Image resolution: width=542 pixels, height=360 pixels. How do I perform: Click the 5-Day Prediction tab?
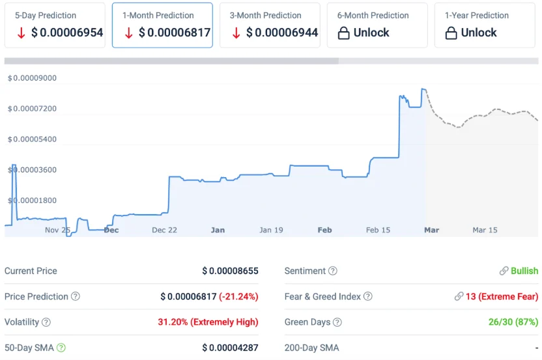pos(54,25)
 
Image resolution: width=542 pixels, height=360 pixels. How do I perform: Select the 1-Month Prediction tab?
pos(162,25)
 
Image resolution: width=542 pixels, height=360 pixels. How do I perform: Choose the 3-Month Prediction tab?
pos(270,25)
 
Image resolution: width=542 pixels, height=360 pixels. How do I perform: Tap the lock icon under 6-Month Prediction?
pos(344,33)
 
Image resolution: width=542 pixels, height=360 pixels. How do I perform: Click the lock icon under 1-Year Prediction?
pos(451,33)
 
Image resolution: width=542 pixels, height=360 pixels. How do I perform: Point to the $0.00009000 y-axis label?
pos(32,78)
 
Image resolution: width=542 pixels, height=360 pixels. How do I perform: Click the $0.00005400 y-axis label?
pos(32,139)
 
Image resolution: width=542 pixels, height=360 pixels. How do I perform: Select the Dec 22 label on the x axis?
pos(164,230)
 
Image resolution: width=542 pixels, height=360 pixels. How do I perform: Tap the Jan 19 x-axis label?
pos(271,230)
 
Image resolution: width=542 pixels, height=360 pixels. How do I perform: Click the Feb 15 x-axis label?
pos(378,230)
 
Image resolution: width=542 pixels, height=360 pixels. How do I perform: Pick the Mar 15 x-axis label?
pos(485,230)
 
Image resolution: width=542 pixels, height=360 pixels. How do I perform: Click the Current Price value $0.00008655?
pos(230,271)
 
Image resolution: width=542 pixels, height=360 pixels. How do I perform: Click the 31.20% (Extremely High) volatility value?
pos(208,322)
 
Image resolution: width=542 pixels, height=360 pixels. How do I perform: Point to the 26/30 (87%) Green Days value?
pos(513,322)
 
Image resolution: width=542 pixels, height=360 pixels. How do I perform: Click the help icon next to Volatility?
pos(46,322)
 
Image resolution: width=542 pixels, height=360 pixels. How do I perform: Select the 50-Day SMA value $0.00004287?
pos(230,348)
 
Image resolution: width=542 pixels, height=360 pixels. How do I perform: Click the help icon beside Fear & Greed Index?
pos(368,297)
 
